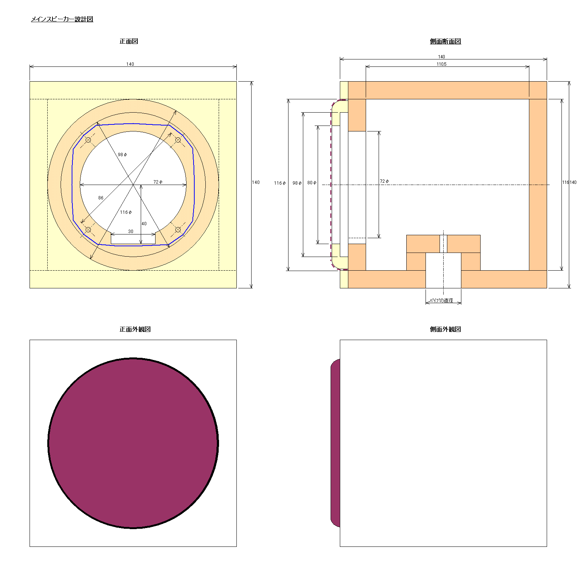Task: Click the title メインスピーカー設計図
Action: coord(62,19)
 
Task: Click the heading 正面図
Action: coord(129,41)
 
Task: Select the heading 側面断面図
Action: coord(445,41)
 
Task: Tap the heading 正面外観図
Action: coord(135,329)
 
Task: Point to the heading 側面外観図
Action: coord(445,329)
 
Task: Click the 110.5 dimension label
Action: coord(441,64)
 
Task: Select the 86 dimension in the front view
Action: coord(101,198)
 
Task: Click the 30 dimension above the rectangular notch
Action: coord(131,232)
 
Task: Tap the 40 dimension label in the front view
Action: coord(144,224)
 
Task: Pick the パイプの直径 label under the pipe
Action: coord(443,301)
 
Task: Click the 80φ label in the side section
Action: coord(312,183)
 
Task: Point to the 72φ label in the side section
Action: coord(385,181)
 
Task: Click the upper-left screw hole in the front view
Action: coord(88,140)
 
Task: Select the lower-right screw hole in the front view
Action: coord(178,230)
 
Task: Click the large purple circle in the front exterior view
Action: coord(133,443)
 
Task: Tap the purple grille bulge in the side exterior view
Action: coord(335,443)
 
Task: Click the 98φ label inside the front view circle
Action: coord(122,155)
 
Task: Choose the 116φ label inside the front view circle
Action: coord(126,212)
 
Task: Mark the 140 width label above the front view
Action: coord(130,64)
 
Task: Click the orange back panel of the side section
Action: coord(538,185)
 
